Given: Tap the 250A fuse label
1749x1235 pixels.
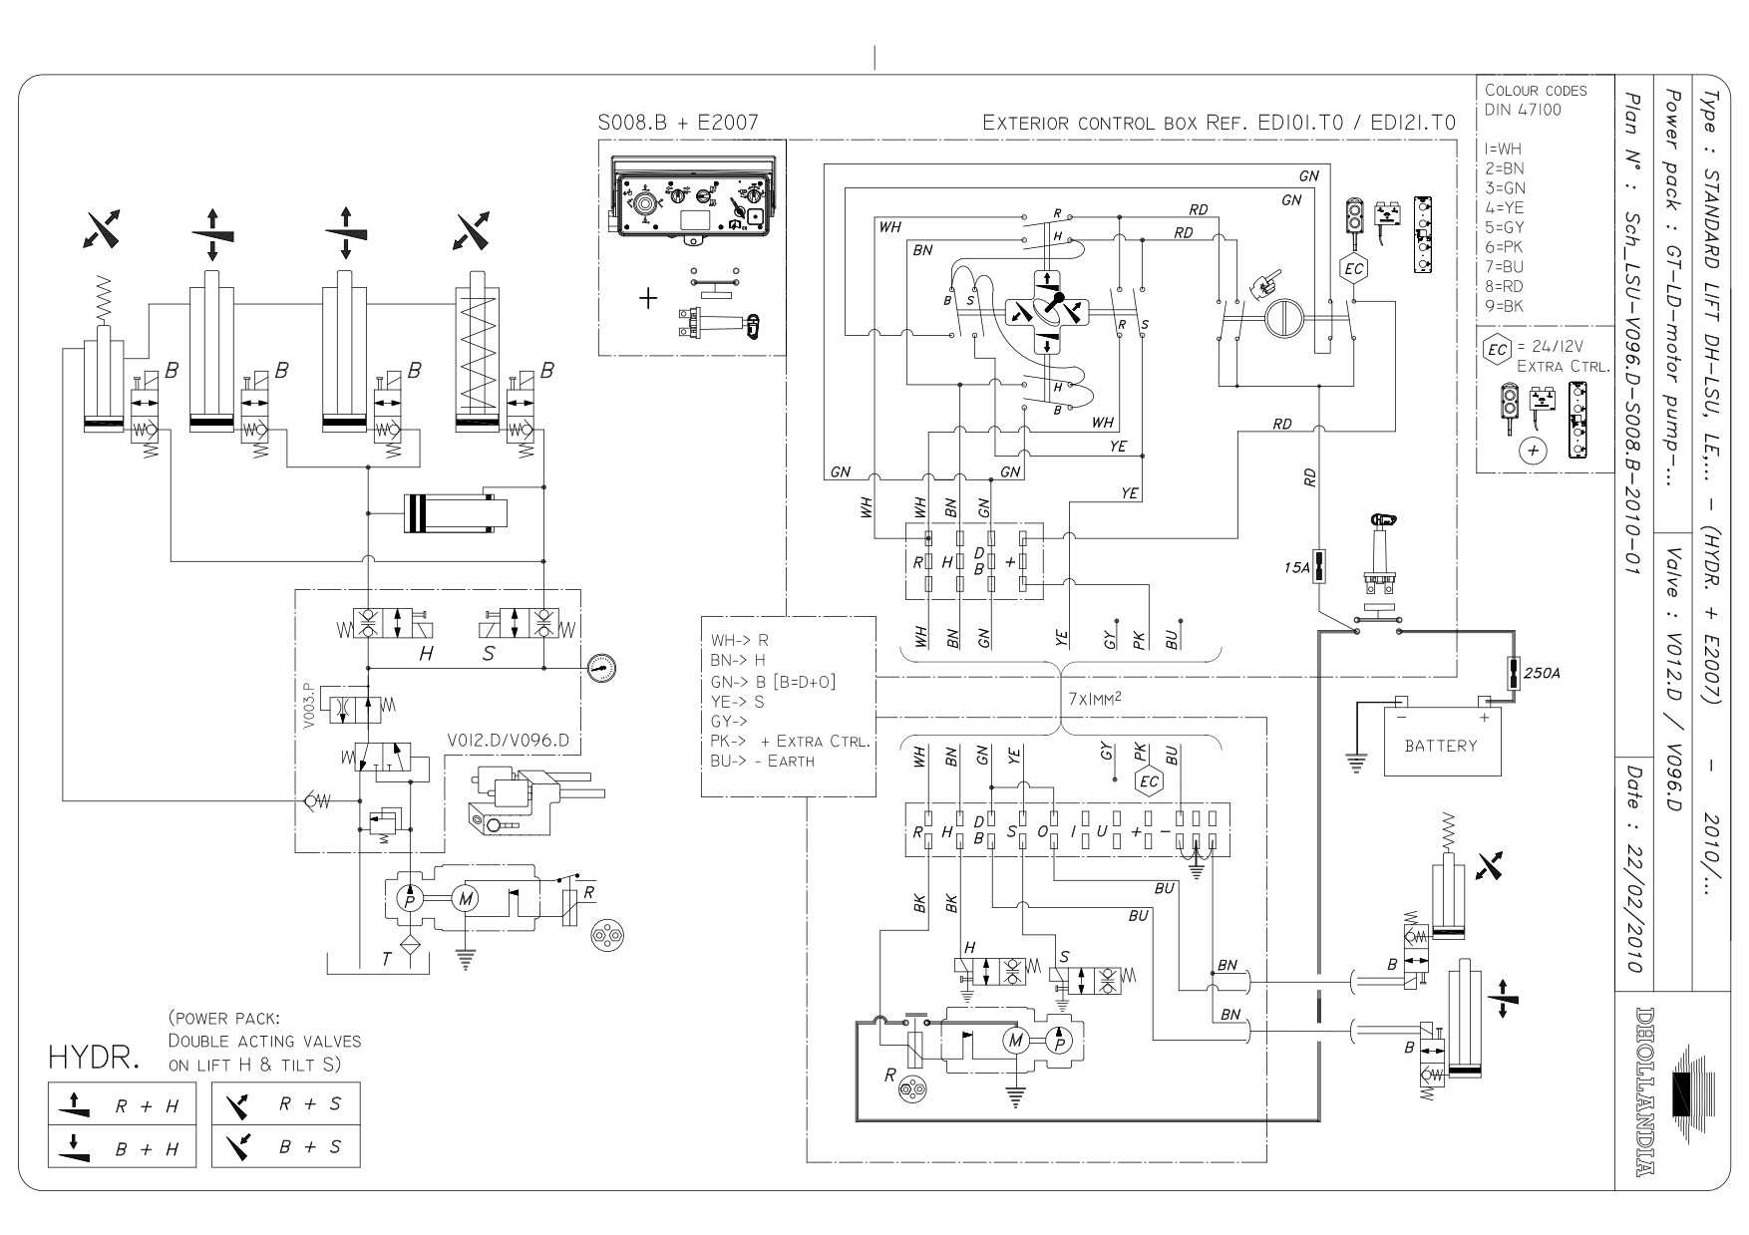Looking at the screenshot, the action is (1543, 674).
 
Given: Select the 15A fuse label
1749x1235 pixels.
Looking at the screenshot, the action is (1296, 568).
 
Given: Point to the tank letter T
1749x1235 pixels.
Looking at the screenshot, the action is (387, 960).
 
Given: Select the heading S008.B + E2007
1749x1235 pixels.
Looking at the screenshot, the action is (678, 123).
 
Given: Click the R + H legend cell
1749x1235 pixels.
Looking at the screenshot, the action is (123, 1104).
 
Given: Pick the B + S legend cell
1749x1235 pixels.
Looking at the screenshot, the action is (286, 1146).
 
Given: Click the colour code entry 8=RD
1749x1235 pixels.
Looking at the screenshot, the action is (1505, 286).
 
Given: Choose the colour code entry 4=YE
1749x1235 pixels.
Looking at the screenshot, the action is (1504, 207).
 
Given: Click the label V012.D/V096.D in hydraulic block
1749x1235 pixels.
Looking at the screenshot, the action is (509, 741).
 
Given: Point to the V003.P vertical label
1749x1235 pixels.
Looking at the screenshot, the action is (308, 706).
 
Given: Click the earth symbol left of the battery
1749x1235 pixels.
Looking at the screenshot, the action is (1355, 763).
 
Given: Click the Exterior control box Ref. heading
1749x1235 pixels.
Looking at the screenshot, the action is (1219, 123).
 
